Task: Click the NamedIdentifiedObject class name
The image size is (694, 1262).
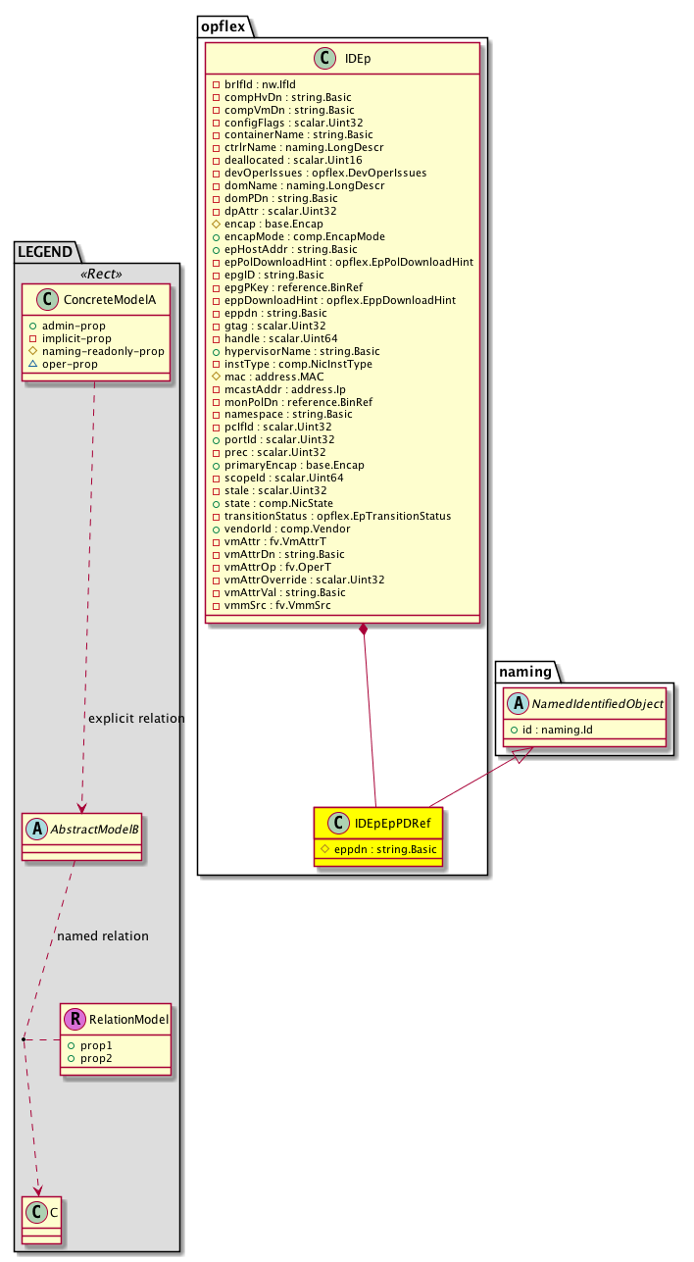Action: [x=599, y=703]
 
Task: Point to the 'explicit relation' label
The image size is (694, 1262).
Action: [x=136, y=719]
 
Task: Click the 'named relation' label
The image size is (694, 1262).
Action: [x=103, y=936]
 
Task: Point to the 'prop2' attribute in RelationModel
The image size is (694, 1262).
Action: [x=97, y=1060]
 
